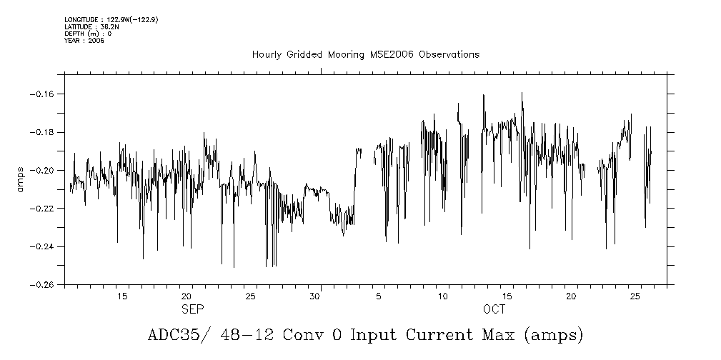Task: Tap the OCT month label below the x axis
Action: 494,310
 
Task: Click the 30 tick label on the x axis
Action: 314,296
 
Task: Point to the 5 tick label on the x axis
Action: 379,296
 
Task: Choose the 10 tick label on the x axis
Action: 442,296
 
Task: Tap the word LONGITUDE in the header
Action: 80,19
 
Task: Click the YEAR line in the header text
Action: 84,41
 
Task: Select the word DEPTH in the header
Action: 76,34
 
